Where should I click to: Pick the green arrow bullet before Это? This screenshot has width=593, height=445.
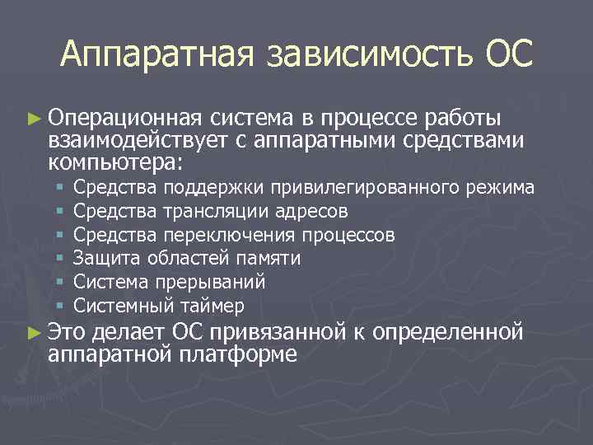tap(33, 334)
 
